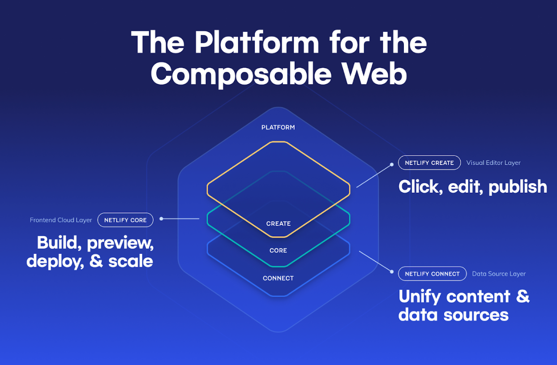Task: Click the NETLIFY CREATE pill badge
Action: pyautogui.click(x=429, y=163)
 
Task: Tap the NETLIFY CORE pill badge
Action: pyautogui.click(x=125, y=220)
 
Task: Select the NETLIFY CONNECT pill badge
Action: pyautogui.click(x=432, y=274)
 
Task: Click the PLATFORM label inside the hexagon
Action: pyautogui.click(x=278, y=127)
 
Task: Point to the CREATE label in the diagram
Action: pyautogui.click(x=278, y=223)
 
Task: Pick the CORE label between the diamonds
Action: pyautogui.click(x=278, y=250)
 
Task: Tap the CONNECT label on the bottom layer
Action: pyautogui.click(x=278, y=278)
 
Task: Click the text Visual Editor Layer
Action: pyautogui.click(x=493, y=163)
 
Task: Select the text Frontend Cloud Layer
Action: pyautogui.click(x=61, y=220)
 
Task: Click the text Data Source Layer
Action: pyautogui.click(x=499, y=274)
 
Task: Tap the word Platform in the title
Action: pyautogui.click(x=257, y=43)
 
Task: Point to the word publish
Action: pyautogui.click(x=518, y=187)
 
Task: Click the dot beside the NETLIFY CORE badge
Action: pyautogui.click(x=161, y=219)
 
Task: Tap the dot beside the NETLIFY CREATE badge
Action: pyautogui.click(x=392, y=165)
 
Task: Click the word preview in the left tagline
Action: pyautogui.click(x=120, y=243)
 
